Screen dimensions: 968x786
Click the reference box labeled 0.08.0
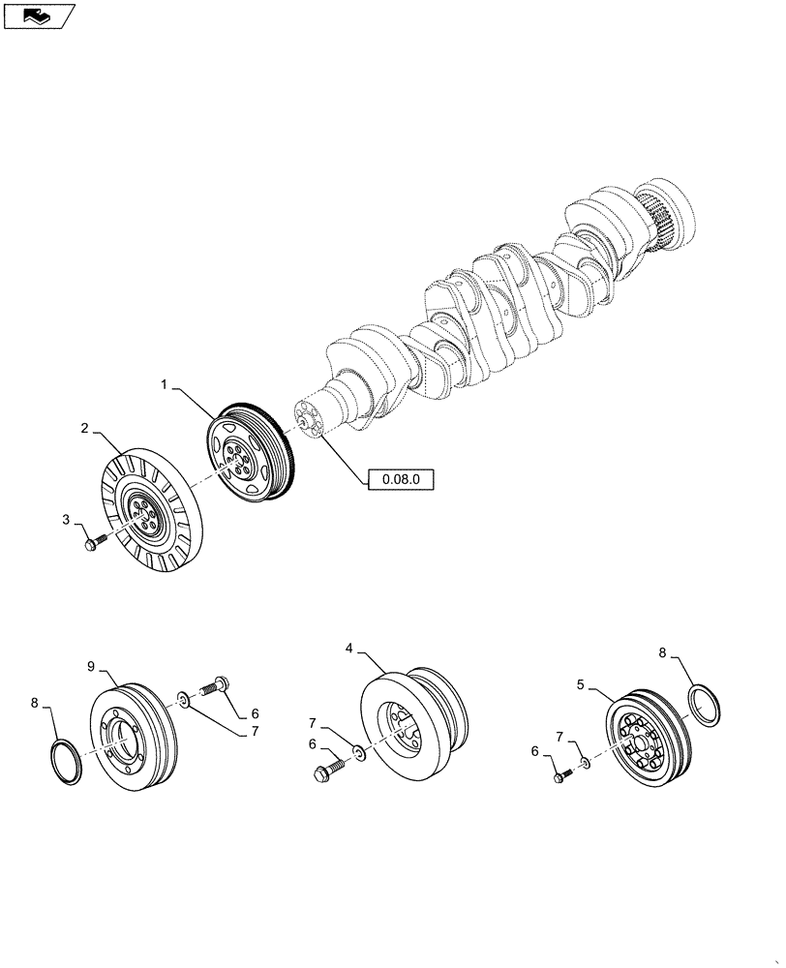point(401,478)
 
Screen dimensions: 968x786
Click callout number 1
point(165,385)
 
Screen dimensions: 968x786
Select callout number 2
point(85,427)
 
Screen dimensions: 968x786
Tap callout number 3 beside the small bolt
point(66,520)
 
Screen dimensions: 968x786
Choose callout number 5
point(580,684)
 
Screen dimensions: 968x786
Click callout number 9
point(91,666)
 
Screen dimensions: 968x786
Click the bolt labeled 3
point(93,546)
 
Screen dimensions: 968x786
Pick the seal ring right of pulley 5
point(705,705)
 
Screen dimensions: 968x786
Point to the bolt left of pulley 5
point(561,775)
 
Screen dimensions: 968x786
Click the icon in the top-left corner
point(39,15)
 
